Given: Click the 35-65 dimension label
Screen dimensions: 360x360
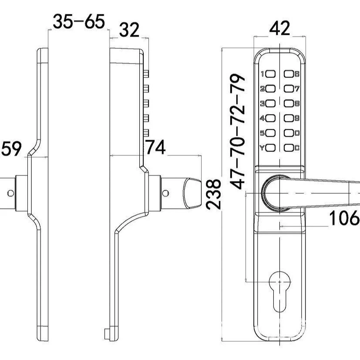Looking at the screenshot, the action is pyautogui.click(x=79, y=22).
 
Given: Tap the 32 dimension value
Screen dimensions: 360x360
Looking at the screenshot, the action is pyautogui.click(x=129, y=30).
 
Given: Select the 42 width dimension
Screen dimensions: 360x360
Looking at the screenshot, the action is pyautogui.click(x=279, y=28).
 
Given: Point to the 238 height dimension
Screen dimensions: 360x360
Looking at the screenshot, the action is pyautogui.click(x=213, y=195).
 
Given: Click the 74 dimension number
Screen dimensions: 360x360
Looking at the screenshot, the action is pyautogui.click(x=156, y=147).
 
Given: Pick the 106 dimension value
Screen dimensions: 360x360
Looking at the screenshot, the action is pyautogui.click(x=344, y=218).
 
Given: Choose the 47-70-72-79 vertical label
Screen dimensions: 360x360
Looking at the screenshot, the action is pyautogui.click(x=238, y=131).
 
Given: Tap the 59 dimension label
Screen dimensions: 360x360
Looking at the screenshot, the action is pyautogui.click(x=11, y=148).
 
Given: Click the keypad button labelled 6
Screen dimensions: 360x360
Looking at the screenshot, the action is pyautogui.click(x=289, y=74).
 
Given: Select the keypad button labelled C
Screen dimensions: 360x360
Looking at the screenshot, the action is pyautogui.click(x=289, y=148).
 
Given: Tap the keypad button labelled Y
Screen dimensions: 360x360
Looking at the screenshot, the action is pyautogui.click(x=271, y=148).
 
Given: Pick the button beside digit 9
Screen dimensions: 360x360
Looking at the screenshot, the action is pyautogui.click(x=289, y=118).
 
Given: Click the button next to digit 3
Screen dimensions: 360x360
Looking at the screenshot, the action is pyautogui.click(x=271, y=104).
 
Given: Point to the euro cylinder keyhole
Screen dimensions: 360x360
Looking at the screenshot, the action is pyautogui.click(x=279, y=291).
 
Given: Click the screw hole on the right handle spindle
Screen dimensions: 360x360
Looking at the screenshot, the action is pyautogui.click(x=165, y=193).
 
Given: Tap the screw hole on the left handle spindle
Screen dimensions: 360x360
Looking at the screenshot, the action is pyautogui.click(x=10, y=193).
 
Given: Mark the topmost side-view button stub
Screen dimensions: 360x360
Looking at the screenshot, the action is pyautogui.click(x=146, y=74).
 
